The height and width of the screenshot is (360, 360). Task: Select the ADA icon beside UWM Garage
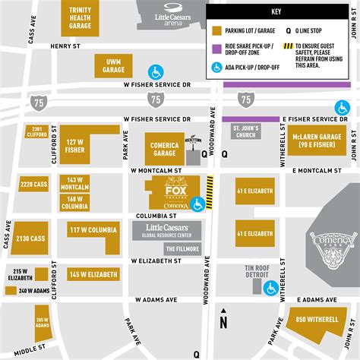[156, 72]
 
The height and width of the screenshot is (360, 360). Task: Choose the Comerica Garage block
[164, 147]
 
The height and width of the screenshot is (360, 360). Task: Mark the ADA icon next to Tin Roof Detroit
[270, 289]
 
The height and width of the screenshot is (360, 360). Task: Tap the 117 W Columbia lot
[93, 229]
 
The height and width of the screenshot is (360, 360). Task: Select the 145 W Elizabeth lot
[93, 274]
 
